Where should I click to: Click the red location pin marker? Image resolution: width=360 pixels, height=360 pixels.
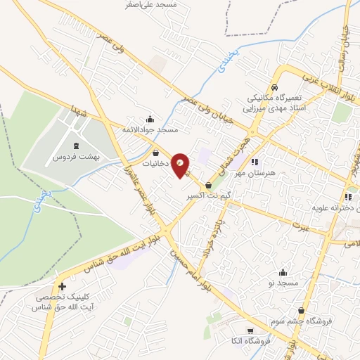[x=181, y=165]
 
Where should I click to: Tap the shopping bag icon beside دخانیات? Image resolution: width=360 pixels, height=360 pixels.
[x=156, y=153]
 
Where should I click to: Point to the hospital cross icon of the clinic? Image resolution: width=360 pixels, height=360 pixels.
[x=63, y=287]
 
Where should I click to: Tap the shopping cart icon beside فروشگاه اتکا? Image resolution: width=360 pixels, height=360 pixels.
[x=250, y=331]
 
